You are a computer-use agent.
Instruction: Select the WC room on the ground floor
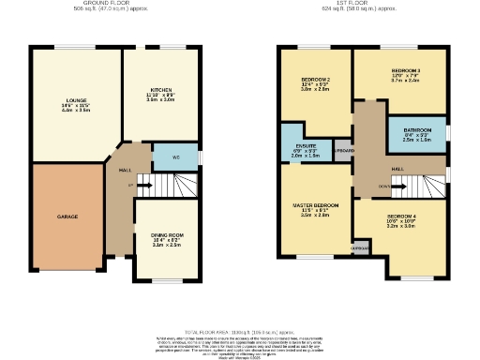tap(175, 157)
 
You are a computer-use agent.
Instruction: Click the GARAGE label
tap(67, 217)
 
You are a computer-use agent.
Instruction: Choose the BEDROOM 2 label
tap(315, 78)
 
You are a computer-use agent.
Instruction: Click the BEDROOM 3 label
tap(406, 71)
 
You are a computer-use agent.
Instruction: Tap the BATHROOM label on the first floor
tap(417, 129)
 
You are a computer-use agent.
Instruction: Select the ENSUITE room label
tap(305, 145)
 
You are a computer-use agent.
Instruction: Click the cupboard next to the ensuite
tap(343, 150)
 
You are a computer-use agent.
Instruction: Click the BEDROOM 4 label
tap(400, 217)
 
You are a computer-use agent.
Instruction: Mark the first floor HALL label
tap(397, 168)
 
